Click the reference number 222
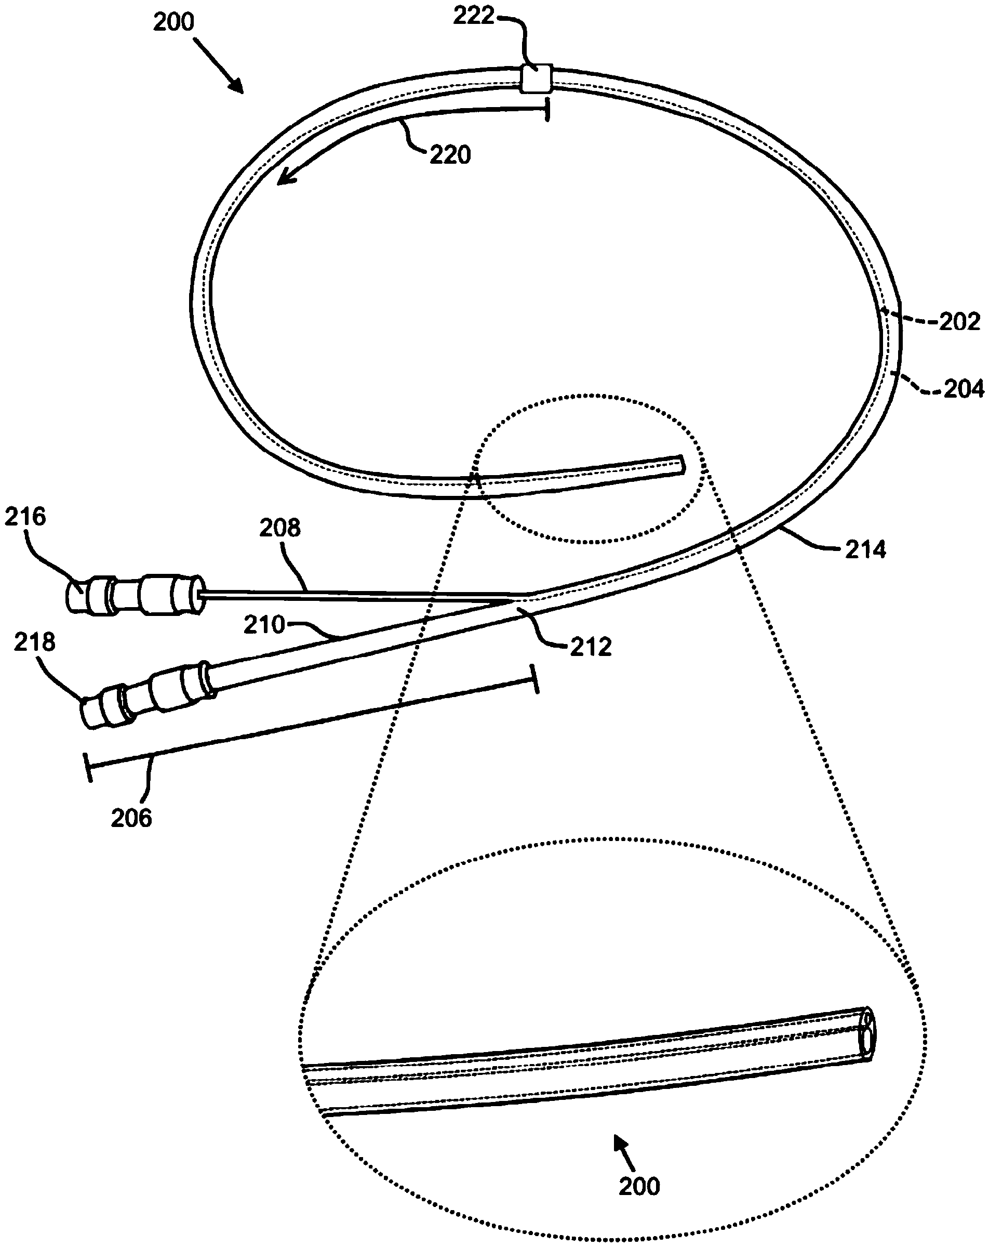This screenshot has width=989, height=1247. [x=474, y=16]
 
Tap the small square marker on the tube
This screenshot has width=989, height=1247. [x=537, y=78]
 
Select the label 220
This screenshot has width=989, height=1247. [x=450, y=155]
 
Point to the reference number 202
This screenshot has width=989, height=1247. [x=959, y=322]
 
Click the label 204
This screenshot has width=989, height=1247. [x=964, y=389]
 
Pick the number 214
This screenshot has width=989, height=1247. [x=865, y=549]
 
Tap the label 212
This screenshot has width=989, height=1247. [x=591, y=647]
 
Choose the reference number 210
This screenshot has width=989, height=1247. [x=264, y=625]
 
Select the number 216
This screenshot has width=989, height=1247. [x=25, y=517]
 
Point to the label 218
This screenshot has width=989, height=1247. [x=34, y=642]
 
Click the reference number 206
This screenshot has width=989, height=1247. [x=131, y=818]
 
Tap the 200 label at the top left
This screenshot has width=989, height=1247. [x=173, y=22]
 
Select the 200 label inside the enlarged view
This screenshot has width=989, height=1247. [x=639, y=1186]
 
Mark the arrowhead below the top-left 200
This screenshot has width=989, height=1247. [x=236, y=85]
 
